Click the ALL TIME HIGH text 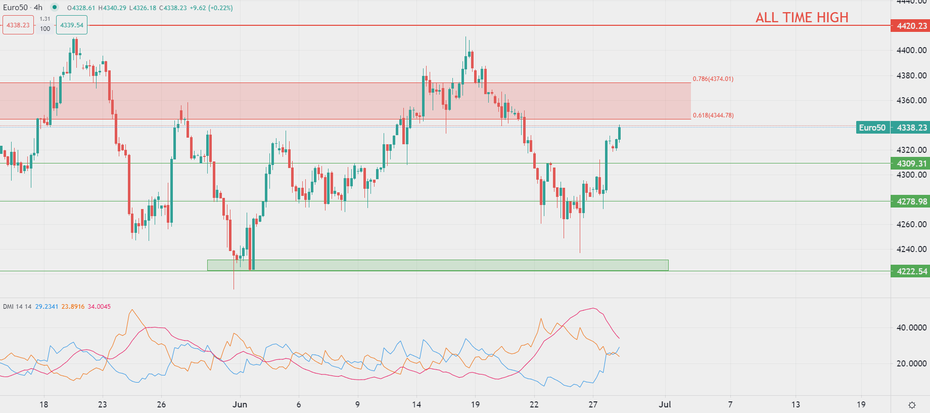coord(802,18)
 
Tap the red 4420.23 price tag coord(911,26)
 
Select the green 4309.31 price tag coord(911,163)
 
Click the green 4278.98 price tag coord(911,201)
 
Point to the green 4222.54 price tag coord(911,271)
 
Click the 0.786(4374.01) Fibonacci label coord(713,79)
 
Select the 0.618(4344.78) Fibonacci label coord(713,115)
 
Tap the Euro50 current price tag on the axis coord(893,128)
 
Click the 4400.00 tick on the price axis coord(911,50)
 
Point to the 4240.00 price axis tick coord(911,249)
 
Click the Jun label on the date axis coord(240,404)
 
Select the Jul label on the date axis coord(665,404)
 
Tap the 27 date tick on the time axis coord(593,404)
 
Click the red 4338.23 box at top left coord(18,25)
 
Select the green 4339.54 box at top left coord(72,25)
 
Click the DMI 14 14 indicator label coord(17,307)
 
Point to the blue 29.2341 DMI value coord(46,307)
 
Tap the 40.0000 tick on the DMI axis coord(911,327)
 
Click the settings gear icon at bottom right coord(912,405)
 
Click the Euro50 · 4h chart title coord(23,8)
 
